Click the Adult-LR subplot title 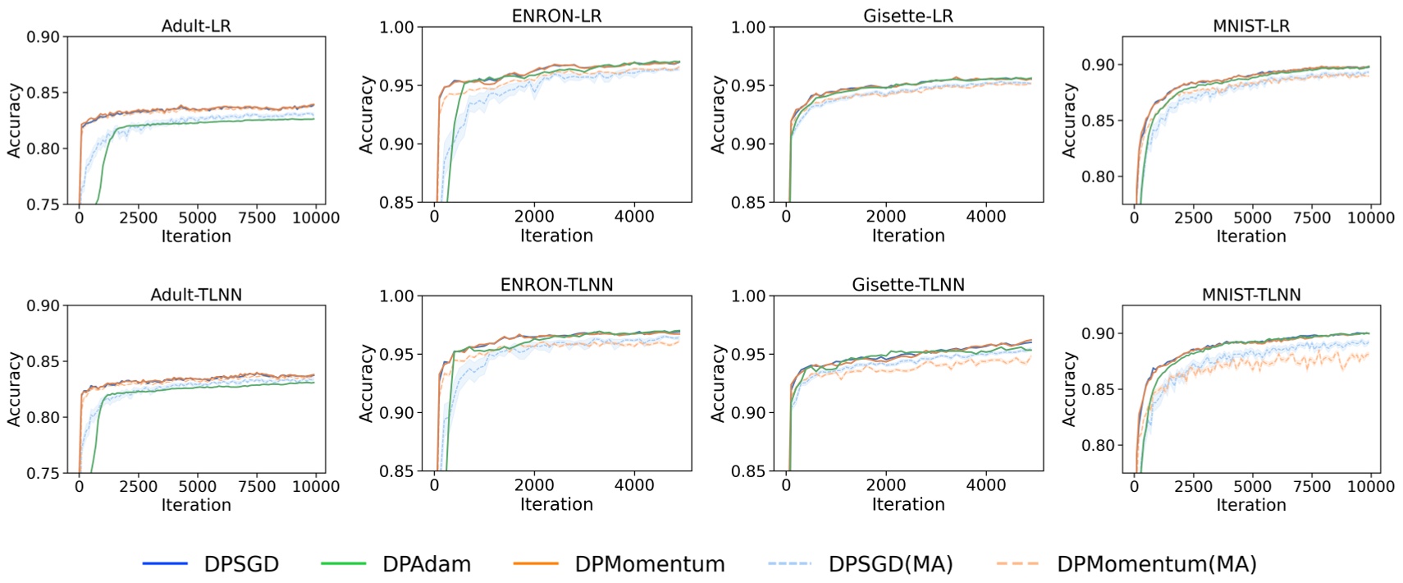click(x=196, y=25)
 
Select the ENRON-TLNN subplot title click(x=556, y=285)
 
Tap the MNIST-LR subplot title click(x=1251, y=25)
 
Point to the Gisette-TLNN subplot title click(x=908, y=285)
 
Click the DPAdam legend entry click(x=427, y=564)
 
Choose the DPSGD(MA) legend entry click(x=890, y=564)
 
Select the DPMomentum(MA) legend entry click(x=1156, y=564)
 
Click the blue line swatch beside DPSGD click(x=165, y=564)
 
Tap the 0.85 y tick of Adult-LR click(x=43, y=93)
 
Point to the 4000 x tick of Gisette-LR click(x=985, y=217)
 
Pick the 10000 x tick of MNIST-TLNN click(x=1371, y=486)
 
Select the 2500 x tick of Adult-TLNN click(x=138, y=486)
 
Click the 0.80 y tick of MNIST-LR click(x=1098, y=177)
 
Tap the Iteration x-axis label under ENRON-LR click(x=556, y=236)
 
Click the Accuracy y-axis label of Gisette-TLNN click(x=718, y=383)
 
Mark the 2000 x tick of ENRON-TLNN click(x=534, y=485)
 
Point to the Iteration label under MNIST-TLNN click(x=1251, y=505)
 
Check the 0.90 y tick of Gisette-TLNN click(x=747, y=413)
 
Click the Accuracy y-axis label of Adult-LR click(x=14, y=120)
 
